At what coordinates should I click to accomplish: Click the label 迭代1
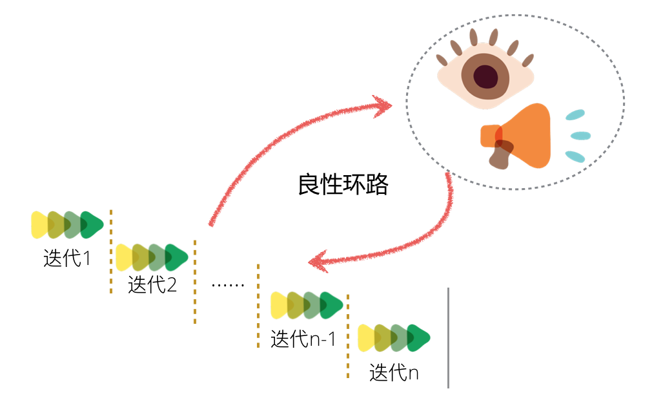[67, 259]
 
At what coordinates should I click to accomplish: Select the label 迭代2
[152, 284]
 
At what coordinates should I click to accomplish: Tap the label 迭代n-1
[303, 339]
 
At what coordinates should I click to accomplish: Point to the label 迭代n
[394, 373]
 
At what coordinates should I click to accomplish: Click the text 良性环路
[343, 185]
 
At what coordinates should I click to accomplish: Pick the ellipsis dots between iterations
[228, 284]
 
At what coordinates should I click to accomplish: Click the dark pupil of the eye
[485, 76]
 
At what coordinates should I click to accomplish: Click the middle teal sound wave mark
[580, 136]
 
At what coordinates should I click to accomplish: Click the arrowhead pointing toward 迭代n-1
[317, 262]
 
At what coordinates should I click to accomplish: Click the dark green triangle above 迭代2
[176, 257]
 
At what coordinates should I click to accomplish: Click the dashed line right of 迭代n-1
[348, 336]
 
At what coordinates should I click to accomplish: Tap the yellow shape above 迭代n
[366, 337]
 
